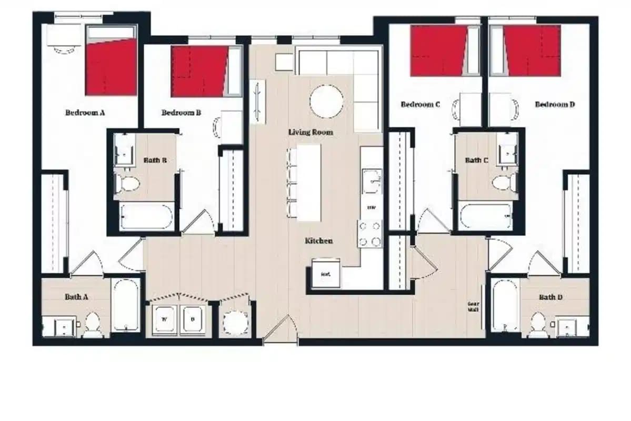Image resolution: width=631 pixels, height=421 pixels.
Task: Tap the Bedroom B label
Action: (181, 113)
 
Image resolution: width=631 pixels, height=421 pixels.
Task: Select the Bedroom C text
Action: (420, 105)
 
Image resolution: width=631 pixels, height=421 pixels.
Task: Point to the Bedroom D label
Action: (555, 105)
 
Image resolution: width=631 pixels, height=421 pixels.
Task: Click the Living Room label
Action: (311, 132)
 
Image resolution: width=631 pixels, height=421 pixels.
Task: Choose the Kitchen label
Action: (319, 241)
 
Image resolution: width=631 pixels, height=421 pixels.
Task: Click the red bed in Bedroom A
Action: (111, 67)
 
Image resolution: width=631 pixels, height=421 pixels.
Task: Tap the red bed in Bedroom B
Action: (199, 71)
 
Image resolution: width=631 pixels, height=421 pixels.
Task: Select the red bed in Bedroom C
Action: (438, 51)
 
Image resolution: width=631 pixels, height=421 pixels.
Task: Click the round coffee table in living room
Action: (326, 101)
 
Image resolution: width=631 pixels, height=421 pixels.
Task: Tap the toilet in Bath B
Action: (127, 184)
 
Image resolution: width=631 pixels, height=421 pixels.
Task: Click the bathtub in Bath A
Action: (126, 306)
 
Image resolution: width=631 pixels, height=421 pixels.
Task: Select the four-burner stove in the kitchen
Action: (370, 234)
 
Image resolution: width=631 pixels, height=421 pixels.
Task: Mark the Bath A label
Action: (76, 297)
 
